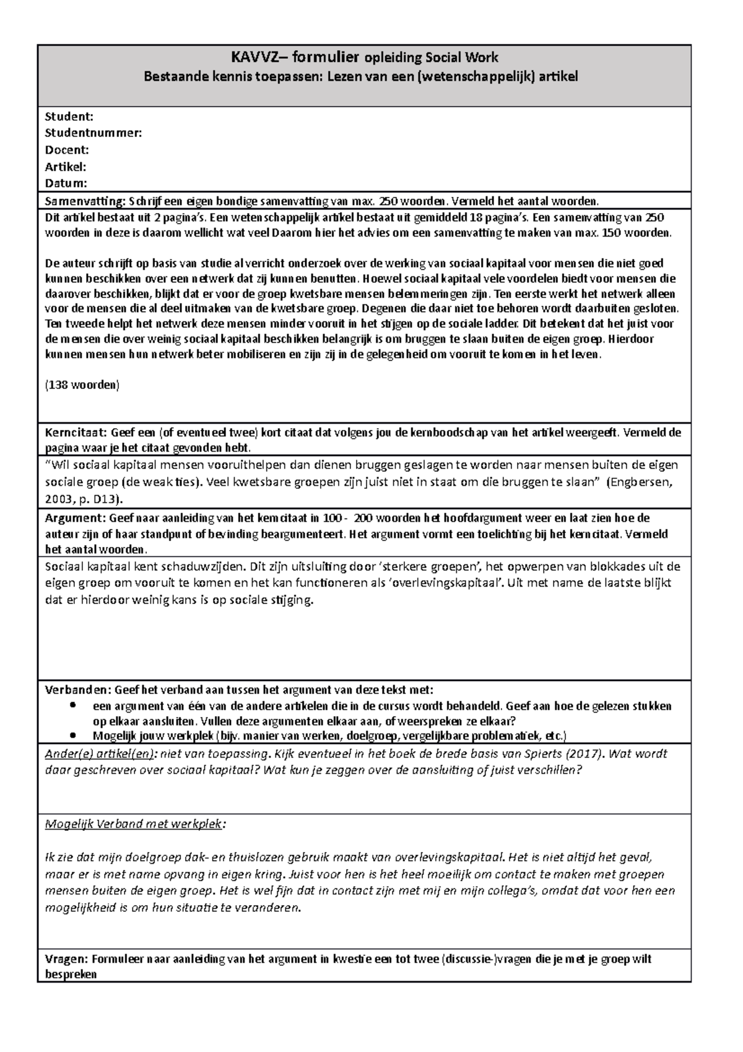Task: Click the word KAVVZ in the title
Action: [x=253, y=58]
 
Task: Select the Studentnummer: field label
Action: [x=93, y=133]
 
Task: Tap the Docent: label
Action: [x=67, y=149]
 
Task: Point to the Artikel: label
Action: [x=65, y=166]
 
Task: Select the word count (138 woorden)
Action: [x=82, y=385]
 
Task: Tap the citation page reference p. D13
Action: [x=105, y=499]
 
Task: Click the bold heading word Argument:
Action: [x=75, y=518]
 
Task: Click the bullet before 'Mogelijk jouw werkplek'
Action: [x=74, y=735]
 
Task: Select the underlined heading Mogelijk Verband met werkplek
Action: [x=134, y=824]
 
